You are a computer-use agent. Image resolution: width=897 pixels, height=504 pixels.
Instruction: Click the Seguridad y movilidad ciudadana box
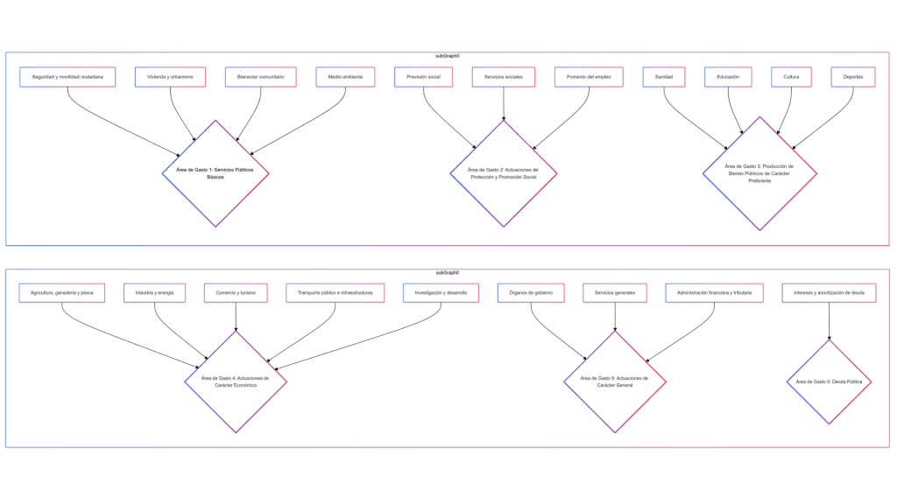pyautogui.click(x=67, y=77)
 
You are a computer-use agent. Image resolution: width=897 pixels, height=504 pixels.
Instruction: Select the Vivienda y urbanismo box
pyautogui.click(x=171, y=77)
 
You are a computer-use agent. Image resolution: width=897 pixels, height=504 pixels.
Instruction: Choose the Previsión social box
pyautogui.click(x=423, y=77)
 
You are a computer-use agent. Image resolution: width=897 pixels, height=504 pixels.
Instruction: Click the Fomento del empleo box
pyautogui.click(x=589, y=77)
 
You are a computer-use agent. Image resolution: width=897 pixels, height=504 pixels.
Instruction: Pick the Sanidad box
pyautogui.click(x=664, y=77)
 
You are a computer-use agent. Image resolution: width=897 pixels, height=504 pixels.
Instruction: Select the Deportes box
pyautogui.click(x=853, y=77)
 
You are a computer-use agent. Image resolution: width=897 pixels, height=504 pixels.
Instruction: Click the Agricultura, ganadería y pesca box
pyautogui.click(x=62, y=292)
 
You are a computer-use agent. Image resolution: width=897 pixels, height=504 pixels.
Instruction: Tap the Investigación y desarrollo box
pyautogui.click(x=441, y=292)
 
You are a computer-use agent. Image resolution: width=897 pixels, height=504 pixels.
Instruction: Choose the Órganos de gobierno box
pyautogui.click(x=531, y=292)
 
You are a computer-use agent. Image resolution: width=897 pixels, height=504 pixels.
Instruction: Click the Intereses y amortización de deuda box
pyautogui.click(x=829, y=292)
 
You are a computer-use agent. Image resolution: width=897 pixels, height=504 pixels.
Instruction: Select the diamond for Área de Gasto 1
pyautogui.click(x=215, y=173)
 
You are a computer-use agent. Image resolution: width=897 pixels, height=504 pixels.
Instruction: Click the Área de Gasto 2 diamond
pyautogui.click(x=504, y=173)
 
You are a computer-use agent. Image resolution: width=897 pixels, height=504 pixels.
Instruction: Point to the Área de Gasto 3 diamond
pyautogui.click(x=759, y=173)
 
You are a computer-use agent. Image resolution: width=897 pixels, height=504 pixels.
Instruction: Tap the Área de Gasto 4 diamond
pyautogui.click(x=236, y=381)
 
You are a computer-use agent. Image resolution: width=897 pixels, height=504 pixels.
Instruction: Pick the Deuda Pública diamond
pyautogui.click(x=829, y=381)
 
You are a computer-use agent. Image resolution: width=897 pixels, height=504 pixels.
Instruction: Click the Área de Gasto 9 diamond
pyautogui.click(x=614, y=381)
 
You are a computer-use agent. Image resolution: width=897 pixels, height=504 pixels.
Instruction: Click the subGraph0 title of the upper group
pyautogui.click(x=448, y=55)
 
